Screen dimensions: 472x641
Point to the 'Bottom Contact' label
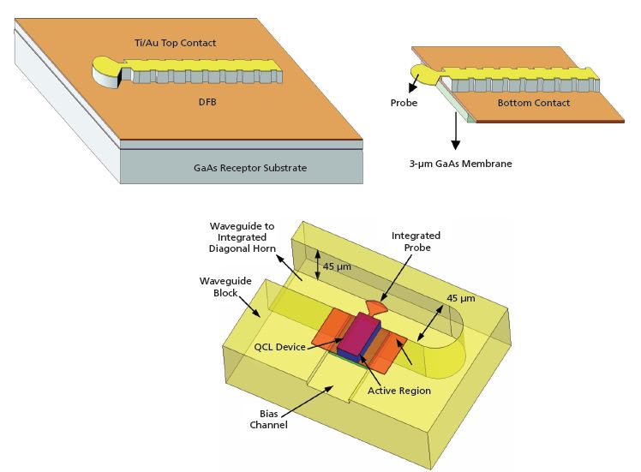click(533, 103)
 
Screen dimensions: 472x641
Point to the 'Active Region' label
click(399, 391)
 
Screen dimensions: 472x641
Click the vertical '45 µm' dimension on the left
click(335, 266)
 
